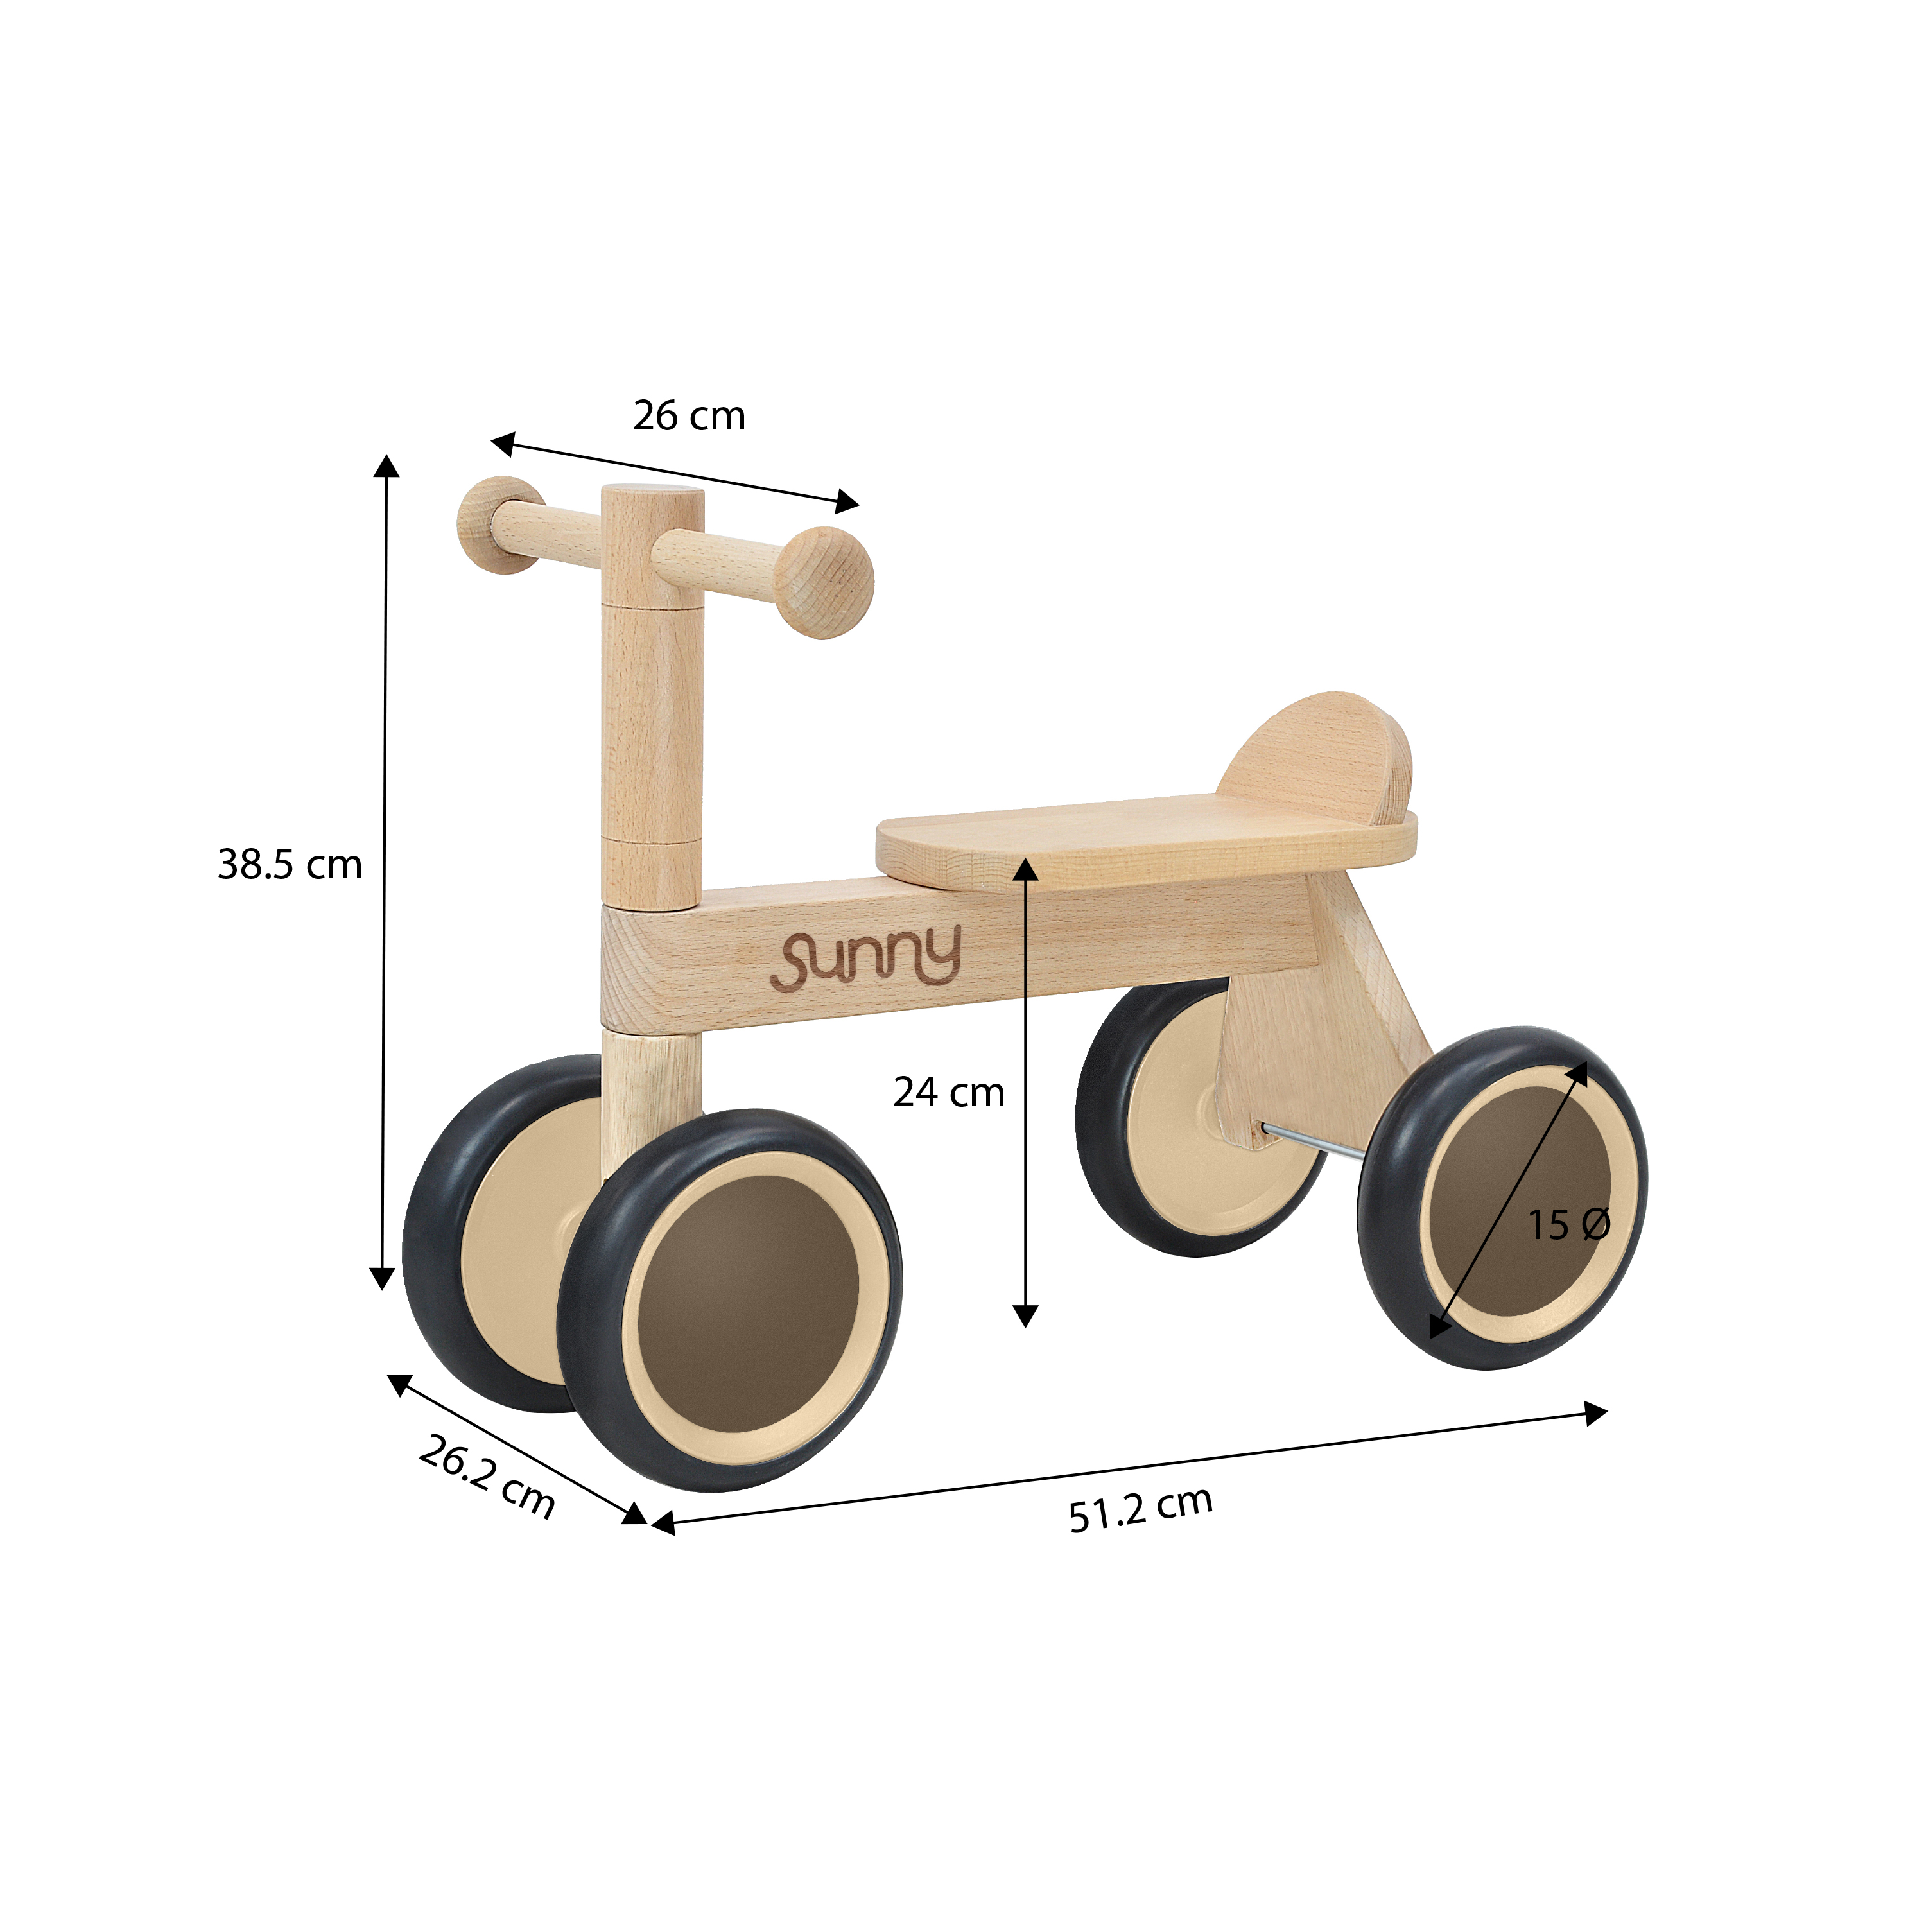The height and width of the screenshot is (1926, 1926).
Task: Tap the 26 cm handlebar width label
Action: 689,416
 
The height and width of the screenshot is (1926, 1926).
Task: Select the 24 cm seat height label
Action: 948,1093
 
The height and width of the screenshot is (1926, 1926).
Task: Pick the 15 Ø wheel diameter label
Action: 1568,1225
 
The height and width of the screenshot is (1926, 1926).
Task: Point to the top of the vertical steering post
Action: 653,490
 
